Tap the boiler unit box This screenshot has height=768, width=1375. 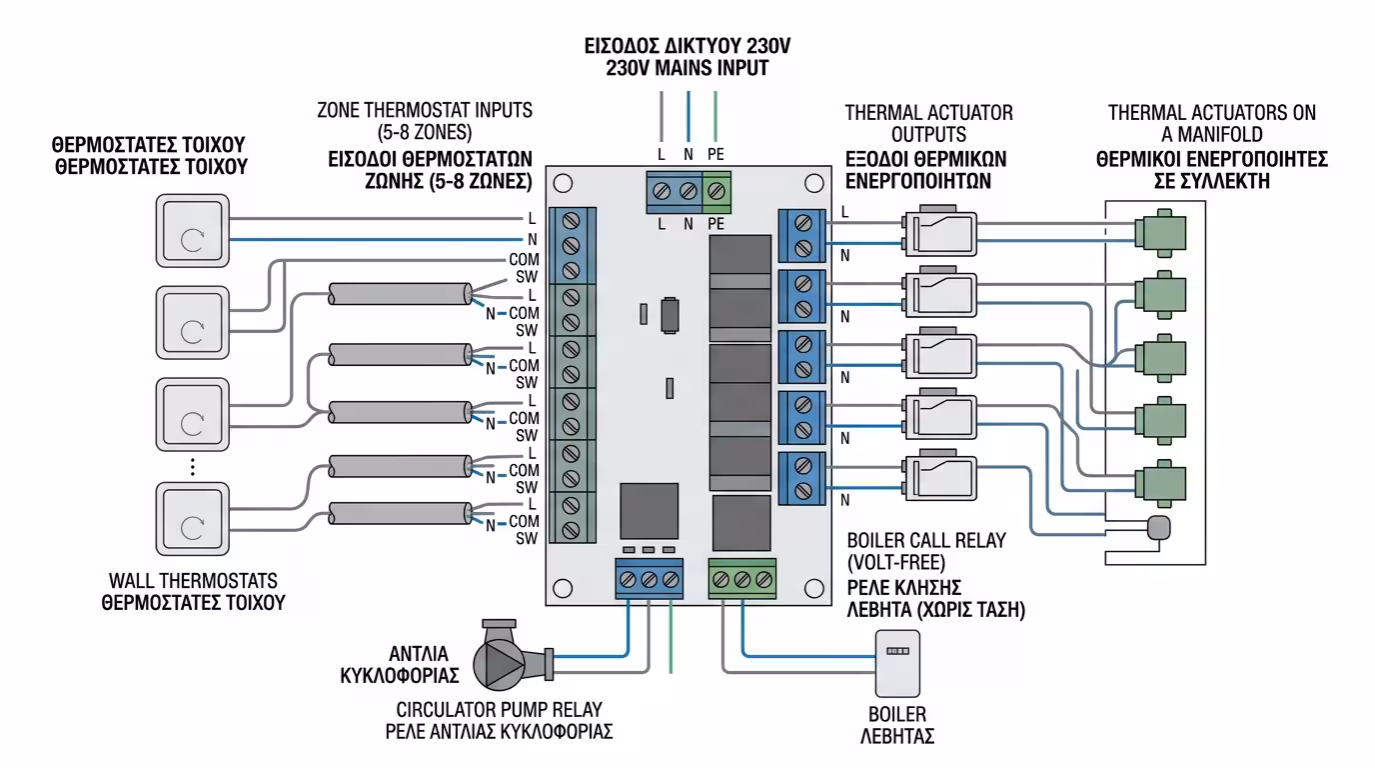tap(898, 663)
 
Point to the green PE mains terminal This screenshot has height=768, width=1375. tap(716, 190)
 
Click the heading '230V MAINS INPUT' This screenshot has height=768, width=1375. tap(687, 69)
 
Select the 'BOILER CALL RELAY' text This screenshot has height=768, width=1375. tap(925, 541)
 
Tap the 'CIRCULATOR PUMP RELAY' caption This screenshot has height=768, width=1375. tap(499, 709)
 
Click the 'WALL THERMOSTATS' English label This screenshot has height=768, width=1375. tap(192, 581)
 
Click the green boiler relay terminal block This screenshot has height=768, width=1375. tap(741, 579)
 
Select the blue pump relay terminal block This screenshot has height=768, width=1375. tap(649, 579)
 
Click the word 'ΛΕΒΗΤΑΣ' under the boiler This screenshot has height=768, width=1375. tap(897, 737)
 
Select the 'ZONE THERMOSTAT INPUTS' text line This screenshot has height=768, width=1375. tap(425, 110)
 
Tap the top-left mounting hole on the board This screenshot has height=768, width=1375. tap(563, 184)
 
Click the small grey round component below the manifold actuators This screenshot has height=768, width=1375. tap(1159, 527)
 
